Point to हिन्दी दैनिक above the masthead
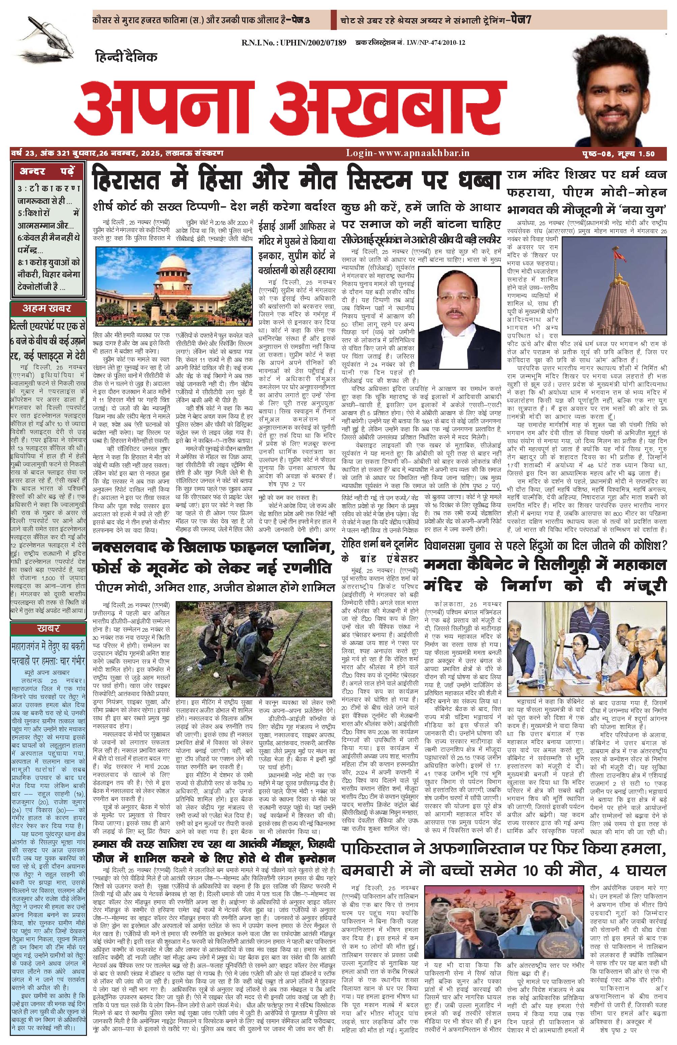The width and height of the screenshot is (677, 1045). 125,56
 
